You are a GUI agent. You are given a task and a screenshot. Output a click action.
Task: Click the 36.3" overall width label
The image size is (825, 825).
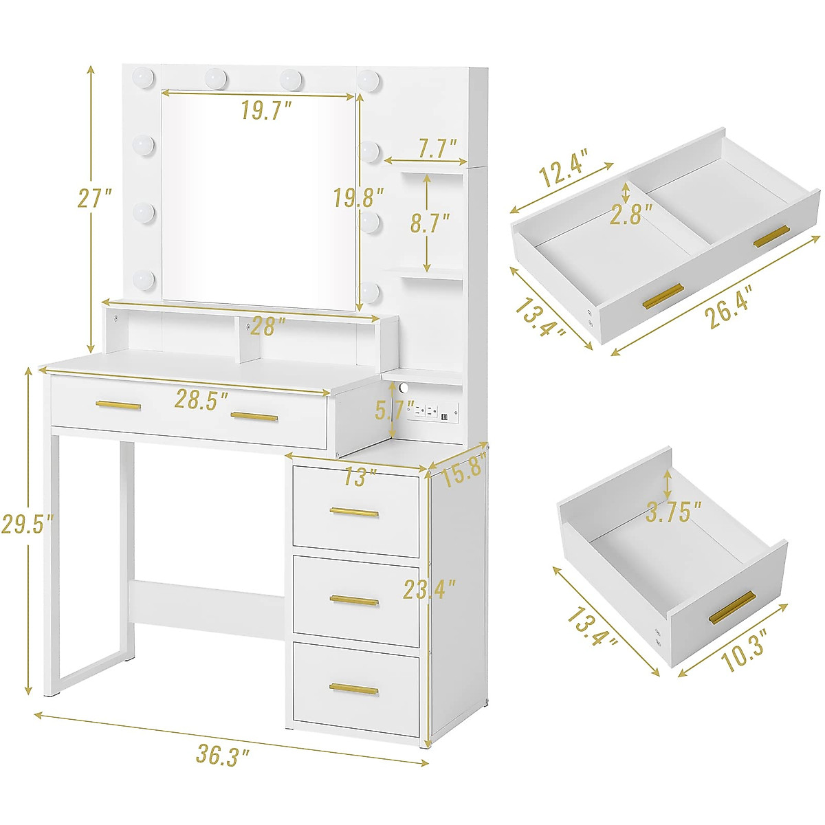(x=222, y=756)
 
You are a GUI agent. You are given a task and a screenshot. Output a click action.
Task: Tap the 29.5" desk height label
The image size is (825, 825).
(x=27, y=525)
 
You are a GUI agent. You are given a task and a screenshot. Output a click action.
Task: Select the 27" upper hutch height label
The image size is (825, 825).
(x=94, y=199)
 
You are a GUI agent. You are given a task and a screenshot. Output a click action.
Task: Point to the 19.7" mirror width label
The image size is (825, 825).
(x=267, y=110)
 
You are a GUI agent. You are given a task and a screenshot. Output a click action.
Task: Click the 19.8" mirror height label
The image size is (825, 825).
(x=358, y=199)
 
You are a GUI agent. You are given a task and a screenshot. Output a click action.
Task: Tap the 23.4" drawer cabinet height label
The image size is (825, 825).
(x=430, y=588)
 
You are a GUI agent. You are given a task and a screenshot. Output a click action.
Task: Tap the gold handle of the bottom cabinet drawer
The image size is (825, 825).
(x=354, y=689)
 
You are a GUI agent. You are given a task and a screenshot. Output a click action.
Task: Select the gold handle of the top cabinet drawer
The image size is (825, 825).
(x=354, y=511)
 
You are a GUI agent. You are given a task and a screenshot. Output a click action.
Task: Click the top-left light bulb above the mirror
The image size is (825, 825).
(x=144, y=74)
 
